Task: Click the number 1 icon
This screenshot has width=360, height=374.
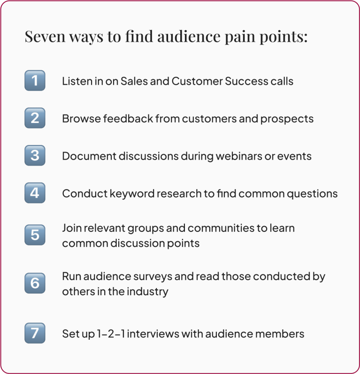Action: [x=35, y=80]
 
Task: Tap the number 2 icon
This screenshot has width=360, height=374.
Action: [x=35, y=118]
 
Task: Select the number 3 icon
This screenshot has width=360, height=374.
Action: [x=35, y=155]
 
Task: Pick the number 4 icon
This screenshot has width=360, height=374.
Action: [x=35, y=193]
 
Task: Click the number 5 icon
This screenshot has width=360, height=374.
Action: [x=35, y=235]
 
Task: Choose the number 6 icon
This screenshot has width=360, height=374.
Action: [x=35, y=283]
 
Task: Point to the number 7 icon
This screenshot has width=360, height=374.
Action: [x=35, y=333]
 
